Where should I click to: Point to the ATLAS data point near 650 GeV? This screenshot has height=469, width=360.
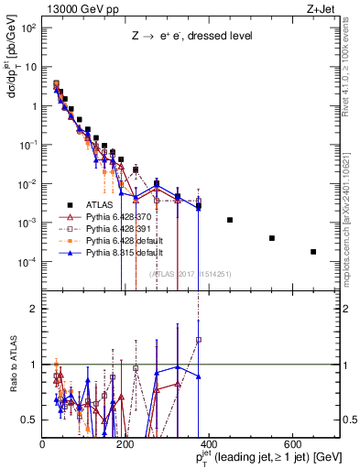click(313, 252)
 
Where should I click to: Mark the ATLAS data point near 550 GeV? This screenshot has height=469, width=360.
click(272, 238)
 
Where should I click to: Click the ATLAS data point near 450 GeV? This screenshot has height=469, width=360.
click(230, 220)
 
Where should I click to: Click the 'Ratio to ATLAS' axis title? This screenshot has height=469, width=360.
click(12, 365)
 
